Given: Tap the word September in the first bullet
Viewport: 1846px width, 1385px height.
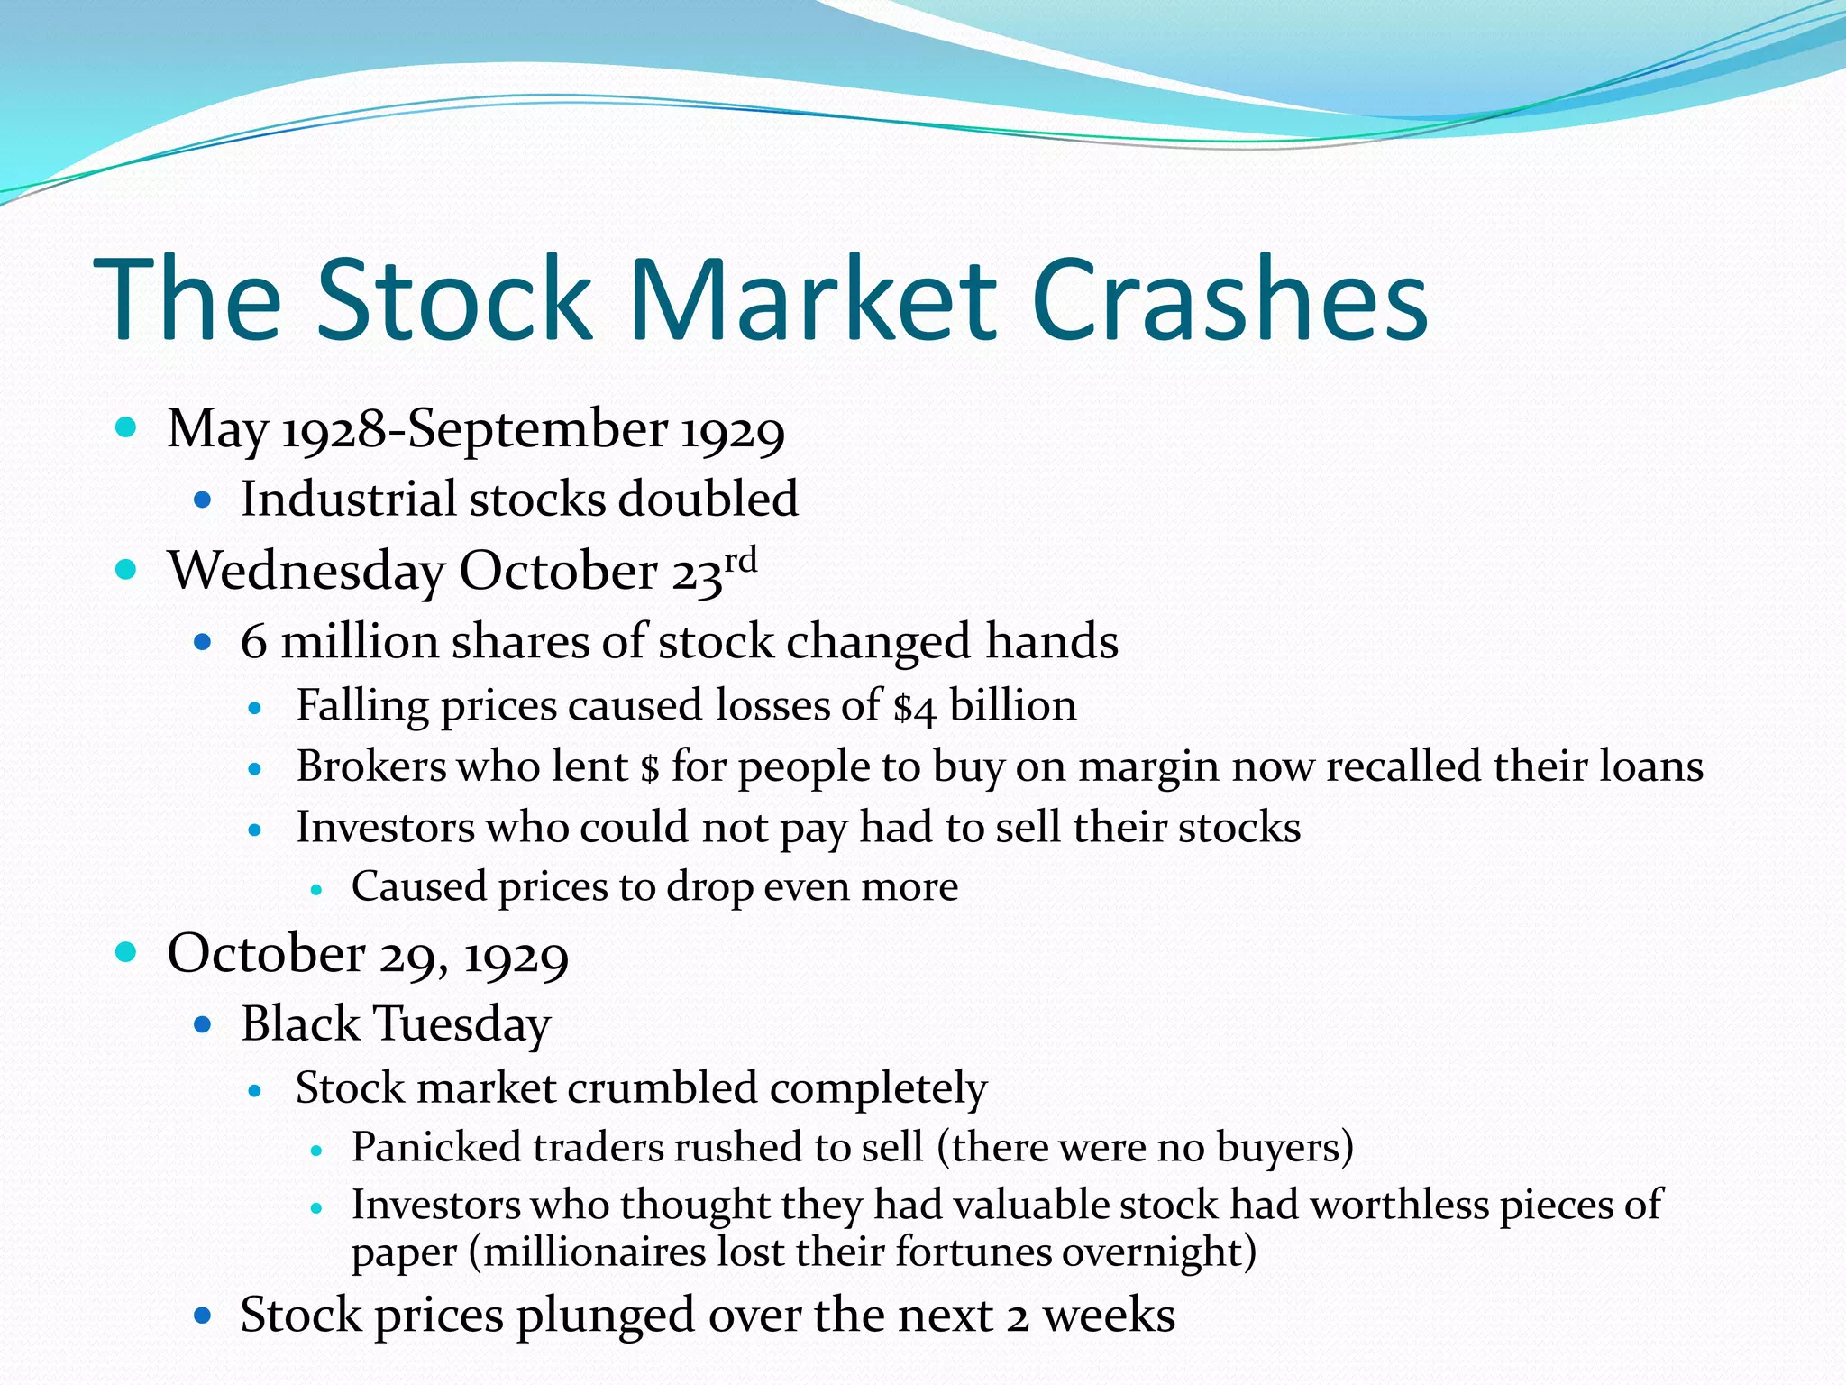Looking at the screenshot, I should click(x=535, y=429).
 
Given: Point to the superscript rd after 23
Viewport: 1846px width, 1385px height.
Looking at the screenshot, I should click(x=741, y=560).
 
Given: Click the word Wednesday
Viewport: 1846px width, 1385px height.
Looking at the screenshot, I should click(x=306, y=572).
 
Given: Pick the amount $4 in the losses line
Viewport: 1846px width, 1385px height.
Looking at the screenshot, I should click(x=914, y=707).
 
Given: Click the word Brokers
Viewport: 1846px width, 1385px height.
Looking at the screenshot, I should click(x=371, y=766).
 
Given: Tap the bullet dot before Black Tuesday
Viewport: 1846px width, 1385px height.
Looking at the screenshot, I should click(x=203, y=1024).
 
